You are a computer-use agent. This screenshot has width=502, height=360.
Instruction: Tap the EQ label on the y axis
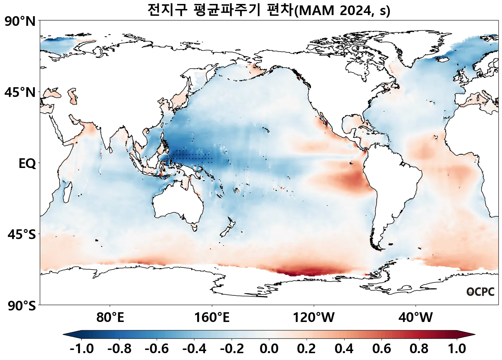coord(27,164)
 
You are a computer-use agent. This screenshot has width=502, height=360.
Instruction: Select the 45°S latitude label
coord(22,235)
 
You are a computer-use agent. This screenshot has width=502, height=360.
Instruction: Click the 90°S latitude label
coord(21,306)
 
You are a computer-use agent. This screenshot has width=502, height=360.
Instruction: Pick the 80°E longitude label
coord(110,317)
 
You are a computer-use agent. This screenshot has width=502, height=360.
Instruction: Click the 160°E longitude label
coord(212,317)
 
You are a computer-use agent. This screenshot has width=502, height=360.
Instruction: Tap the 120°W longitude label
coord(314,317)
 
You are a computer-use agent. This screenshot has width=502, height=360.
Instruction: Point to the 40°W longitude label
coord(416,317)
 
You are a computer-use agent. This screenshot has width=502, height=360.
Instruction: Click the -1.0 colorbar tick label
coord(82,349)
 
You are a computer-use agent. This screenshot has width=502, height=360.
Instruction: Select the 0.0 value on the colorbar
coord(269,349)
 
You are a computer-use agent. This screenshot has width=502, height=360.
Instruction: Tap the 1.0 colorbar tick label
coord(457,349)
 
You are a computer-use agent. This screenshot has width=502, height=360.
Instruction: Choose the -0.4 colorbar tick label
coord(194,349)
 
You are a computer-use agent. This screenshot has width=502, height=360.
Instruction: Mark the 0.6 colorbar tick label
coord(382,349)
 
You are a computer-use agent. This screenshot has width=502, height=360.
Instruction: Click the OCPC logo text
coord(480,292)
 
